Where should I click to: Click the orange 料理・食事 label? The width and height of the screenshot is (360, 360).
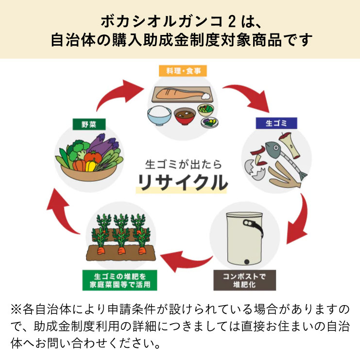[x=180, y=71]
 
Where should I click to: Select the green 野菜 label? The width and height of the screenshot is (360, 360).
[x=88, y=124]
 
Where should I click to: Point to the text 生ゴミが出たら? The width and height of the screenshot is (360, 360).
[x=180, y=164]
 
